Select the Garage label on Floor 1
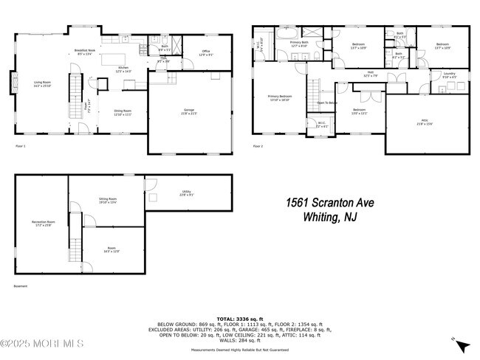pos(189,111)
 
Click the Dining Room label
pos(123,113)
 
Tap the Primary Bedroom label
pos(280,98)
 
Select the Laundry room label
pos(448,75)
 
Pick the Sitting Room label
pos(109,200)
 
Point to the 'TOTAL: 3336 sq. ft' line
pos(240,318)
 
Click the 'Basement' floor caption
pos(21,285)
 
